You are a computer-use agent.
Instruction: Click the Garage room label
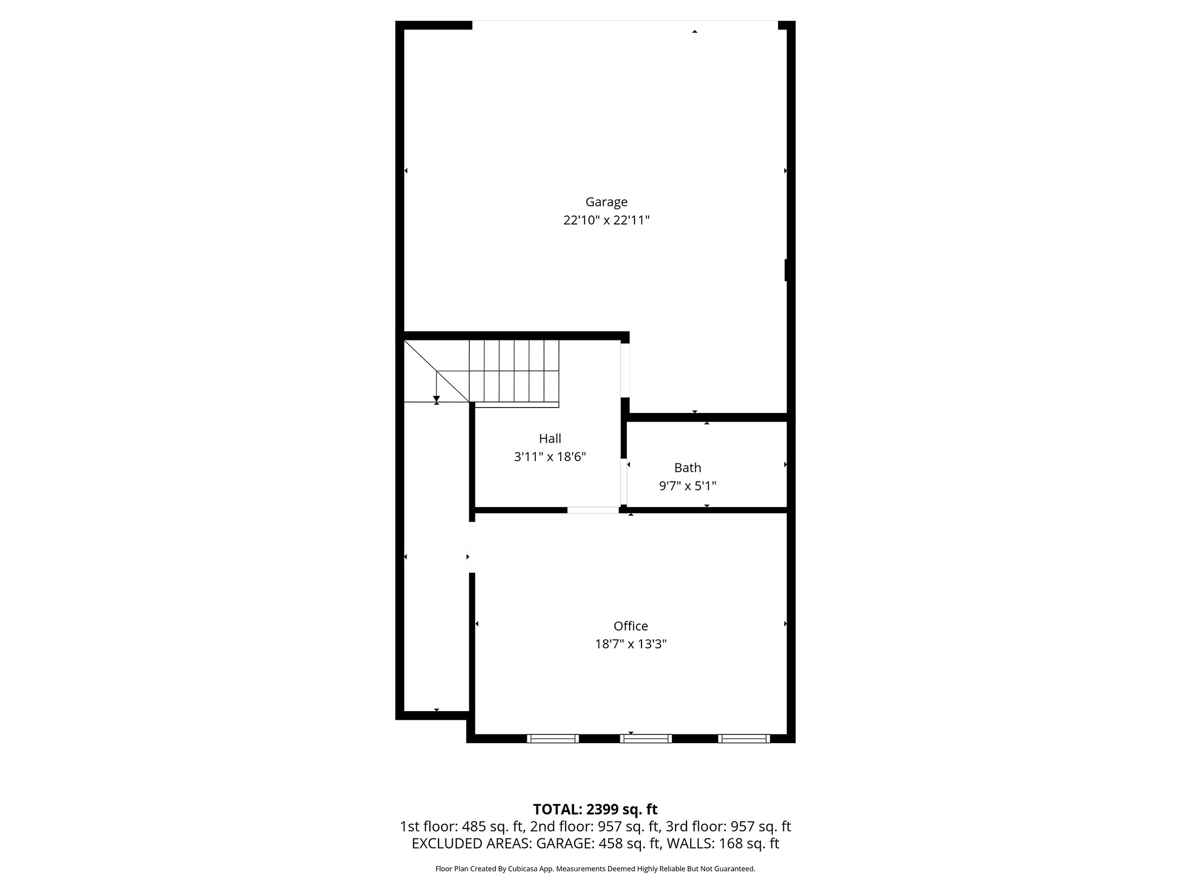[x=606, y=202]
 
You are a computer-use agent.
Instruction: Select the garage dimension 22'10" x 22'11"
[x=606, y=220]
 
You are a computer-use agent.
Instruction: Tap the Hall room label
[x=549, y=438]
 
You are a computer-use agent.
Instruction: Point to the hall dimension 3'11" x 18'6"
[x=549, y=457]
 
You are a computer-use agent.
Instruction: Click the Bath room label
[x=688, y=468]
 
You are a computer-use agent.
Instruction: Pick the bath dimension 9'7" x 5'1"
[x=688, y=486]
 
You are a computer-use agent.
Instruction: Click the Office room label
[x=631, y=626]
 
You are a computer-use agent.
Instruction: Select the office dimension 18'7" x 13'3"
[x=631, y=644]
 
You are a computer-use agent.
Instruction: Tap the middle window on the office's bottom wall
[x=646, y=739]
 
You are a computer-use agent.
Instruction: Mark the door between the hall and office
[x=593, y=510]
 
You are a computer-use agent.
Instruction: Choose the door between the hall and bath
[x=624, y=482]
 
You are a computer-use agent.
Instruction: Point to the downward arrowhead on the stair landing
[x=436, y=398]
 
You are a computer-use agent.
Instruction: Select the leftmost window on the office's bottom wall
[x=553, y=739]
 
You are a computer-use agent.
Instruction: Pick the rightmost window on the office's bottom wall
[x=744, y=739]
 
